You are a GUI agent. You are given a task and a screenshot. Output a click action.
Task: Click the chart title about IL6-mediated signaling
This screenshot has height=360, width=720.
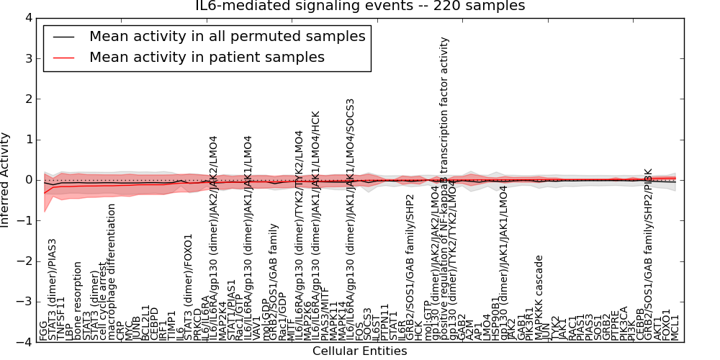click(x=360, y=6)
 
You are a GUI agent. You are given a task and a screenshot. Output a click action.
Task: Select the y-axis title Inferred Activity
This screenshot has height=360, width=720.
click(x=6, y=180)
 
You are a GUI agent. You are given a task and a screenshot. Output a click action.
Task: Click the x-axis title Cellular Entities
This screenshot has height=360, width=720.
click(x=359, y=351)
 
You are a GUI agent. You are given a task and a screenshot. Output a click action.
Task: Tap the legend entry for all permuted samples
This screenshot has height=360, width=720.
click(x=227, y=36)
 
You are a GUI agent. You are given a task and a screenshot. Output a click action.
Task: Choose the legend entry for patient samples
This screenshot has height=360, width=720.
click(x=207, y=57)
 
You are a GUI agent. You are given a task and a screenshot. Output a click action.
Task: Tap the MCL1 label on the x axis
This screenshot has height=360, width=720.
click(x=675, y=327)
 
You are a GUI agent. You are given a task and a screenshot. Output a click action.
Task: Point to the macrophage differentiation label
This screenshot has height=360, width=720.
click(x=112, y=272)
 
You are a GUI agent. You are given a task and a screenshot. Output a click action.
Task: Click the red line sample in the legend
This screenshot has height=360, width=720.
click(x=63, y=57)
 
